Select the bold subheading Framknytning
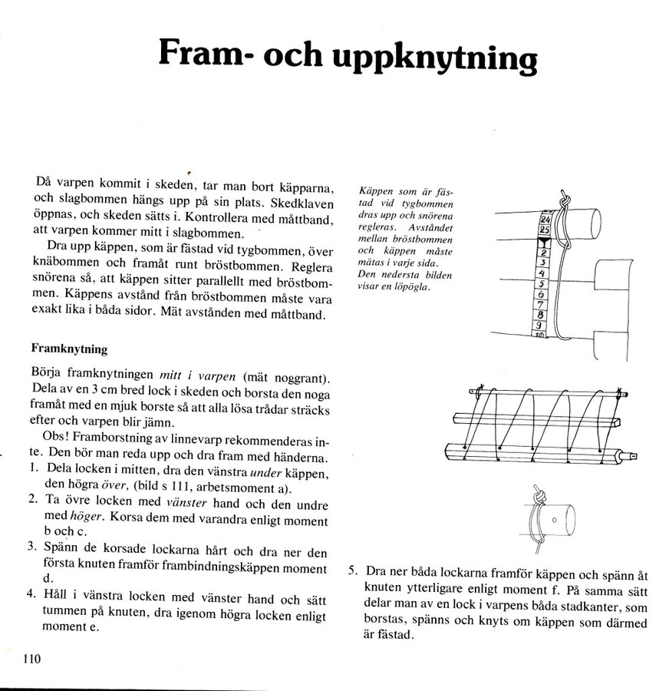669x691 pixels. (69, 348)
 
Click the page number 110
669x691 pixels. (31, 658)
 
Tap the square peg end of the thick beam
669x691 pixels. (632, 455)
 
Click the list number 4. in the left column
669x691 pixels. (31, 593)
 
